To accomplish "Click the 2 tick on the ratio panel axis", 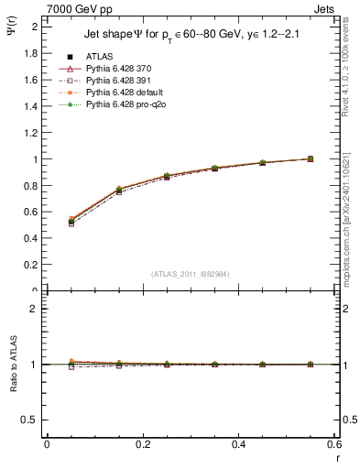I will click(37, 309).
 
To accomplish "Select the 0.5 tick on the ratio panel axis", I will click(32, 420).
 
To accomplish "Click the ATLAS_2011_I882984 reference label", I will click(190, 274).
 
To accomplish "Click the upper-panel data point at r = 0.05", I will click(71, 221).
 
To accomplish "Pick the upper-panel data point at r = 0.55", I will click(311, 158).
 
